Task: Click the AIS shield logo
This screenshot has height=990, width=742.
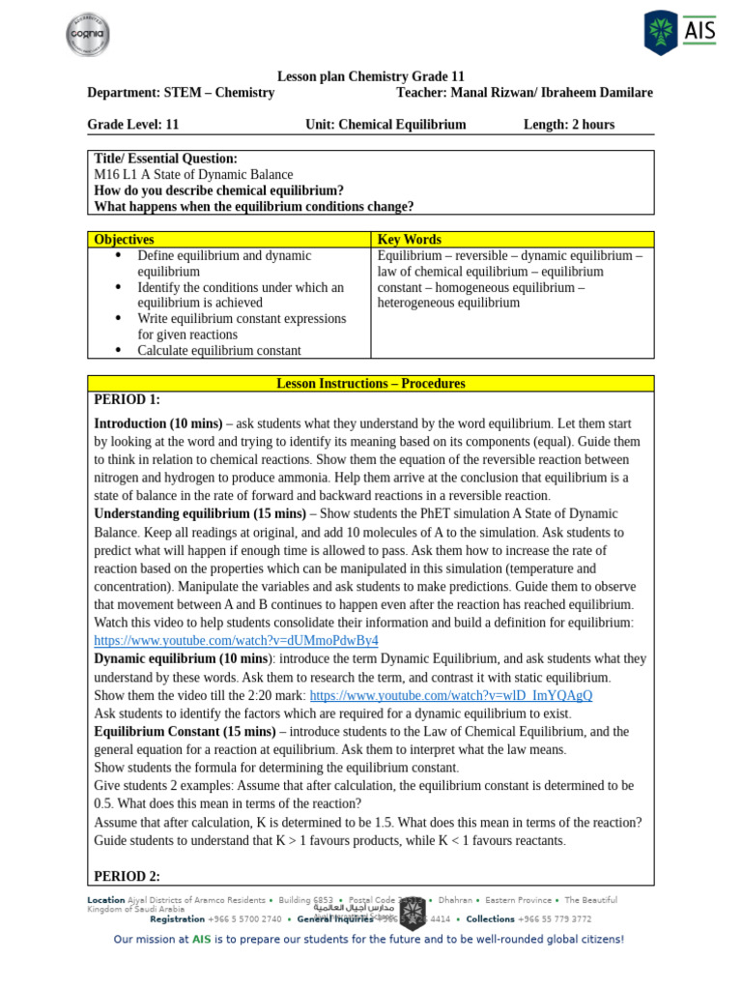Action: (662, 32)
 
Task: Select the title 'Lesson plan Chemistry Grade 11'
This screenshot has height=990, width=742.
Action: (370, 76)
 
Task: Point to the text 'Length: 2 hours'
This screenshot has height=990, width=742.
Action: (568, 125)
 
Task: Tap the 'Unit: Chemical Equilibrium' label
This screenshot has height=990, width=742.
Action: (385, 125)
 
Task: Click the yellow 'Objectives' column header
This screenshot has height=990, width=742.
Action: (124, 240)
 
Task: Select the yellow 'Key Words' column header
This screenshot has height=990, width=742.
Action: (410, 240)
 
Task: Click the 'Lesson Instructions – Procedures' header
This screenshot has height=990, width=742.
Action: (370, 384)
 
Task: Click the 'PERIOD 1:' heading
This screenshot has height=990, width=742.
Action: (127, 400)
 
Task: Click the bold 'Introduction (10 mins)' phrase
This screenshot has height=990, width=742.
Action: (158, 423)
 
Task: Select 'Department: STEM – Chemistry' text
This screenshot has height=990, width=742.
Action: (181, 93)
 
